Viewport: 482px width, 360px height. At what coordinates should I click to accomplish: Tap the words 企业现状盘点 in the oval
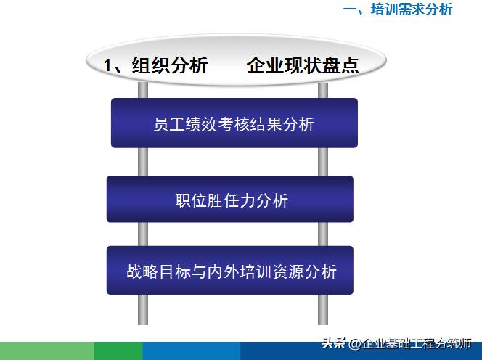(x=304, y=65)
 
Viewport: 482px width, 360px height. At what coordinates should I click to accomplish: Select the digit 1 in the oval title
(x=109, y=66)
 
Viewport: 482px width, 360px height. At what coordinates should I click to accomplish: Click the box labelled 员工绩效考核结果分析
(x=234, y=123)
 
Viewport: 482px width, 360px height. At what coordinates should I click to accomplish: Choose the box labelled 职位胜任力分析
(x=229, y=199)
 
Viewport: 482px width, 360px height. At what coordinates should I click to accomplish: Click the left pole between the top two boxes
(x=144, y=161)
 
